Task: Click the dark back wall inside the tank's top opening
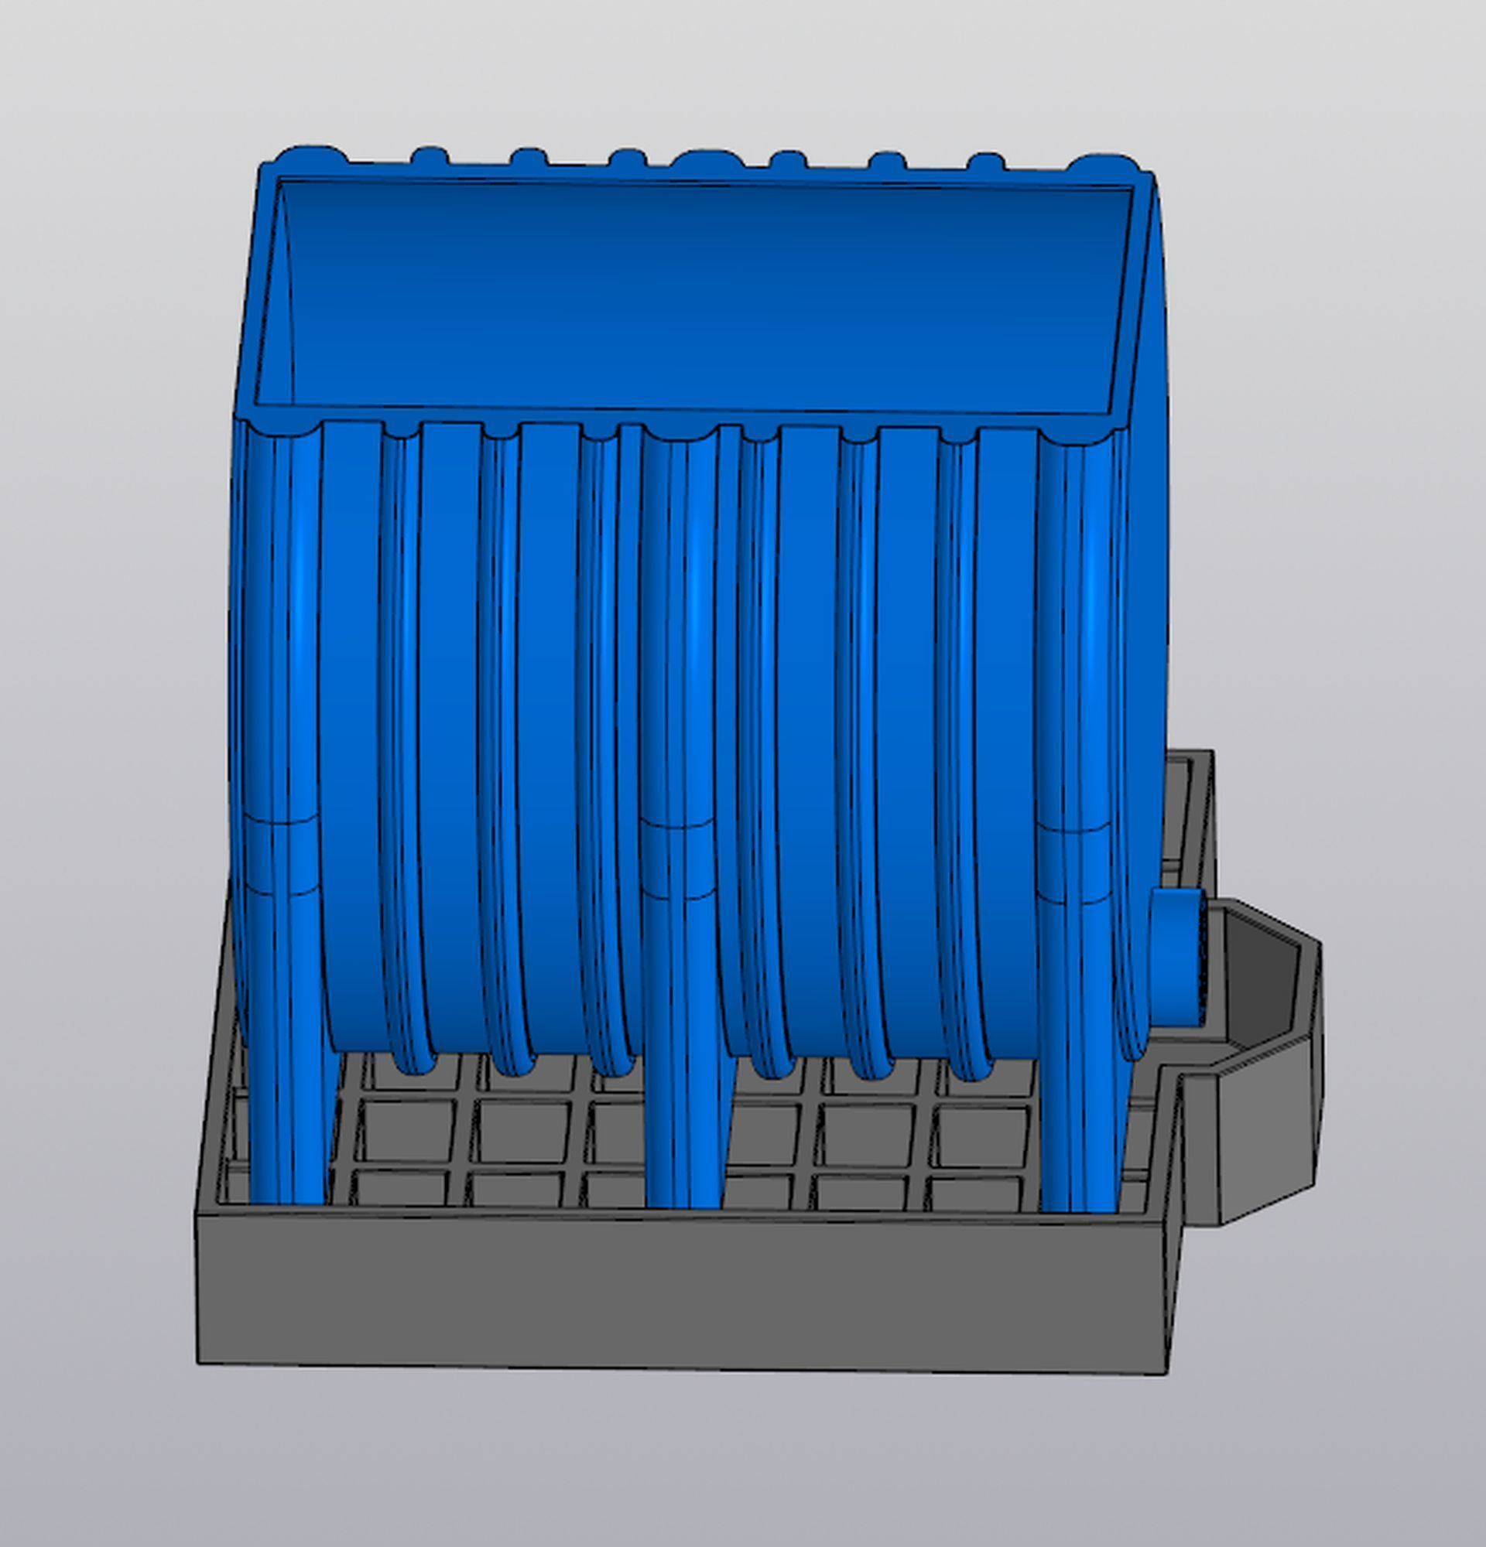tap(703, 292)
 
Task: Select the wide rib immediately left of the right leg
tap(1007, 710)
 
